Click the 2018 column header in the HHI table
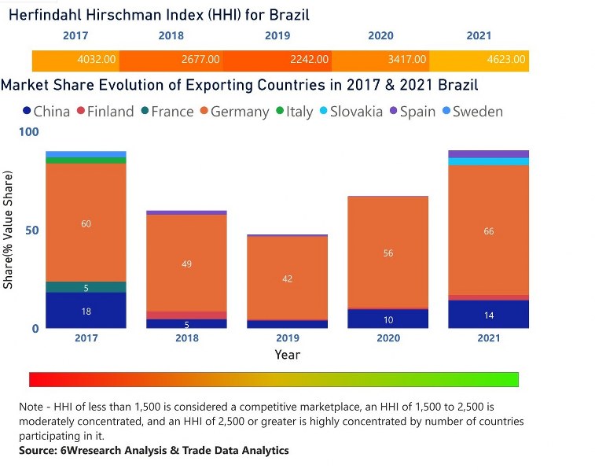[x=171, y=35]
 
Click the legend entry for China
[x=46, y=112]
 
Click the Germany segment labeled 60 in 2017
[x=86, y=223]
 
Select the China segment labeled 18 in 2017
[x=86, y=311]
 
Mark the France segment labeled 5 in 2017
[x=86, y=287]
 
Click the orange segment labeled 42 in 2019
[x=287, y=278]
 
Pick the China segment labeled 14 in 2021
[x=488, y=315]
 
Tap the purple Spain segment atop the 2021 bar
[x=488, y=153]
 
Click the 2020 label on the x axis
[x=387, y=338]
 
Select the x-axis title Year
[x=287, y=355]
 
